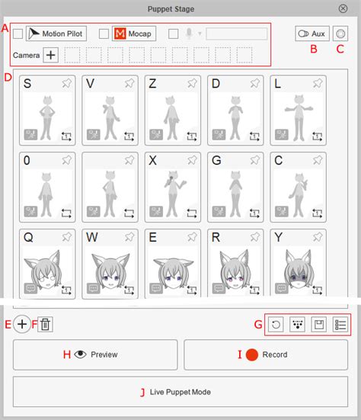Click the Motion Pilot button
pyautogui.click(x=56, y=34)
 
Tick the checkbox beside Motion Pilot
pyautogui.click(x=18, y=34)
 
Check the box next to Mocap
pyautogui.click(x=104, y=34)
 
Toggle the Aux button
pyautogui.click(x=312, y=34)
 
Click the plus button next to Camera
pyautogui.click(x=50, y=55)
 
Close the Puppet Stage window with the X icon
pyautogui.click(x=343, y=8)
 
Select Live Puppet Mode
pyautogui.click(x=180, y=392)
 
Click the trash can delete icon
pyautogui.click(x=45, y=325)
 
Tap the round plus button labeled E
pyautogui.click(x=22, y=325)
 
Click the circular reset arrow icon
pyautogui.click(x=276, y=325)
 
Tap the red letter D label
pyautogui.click(x=8, y=77)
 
